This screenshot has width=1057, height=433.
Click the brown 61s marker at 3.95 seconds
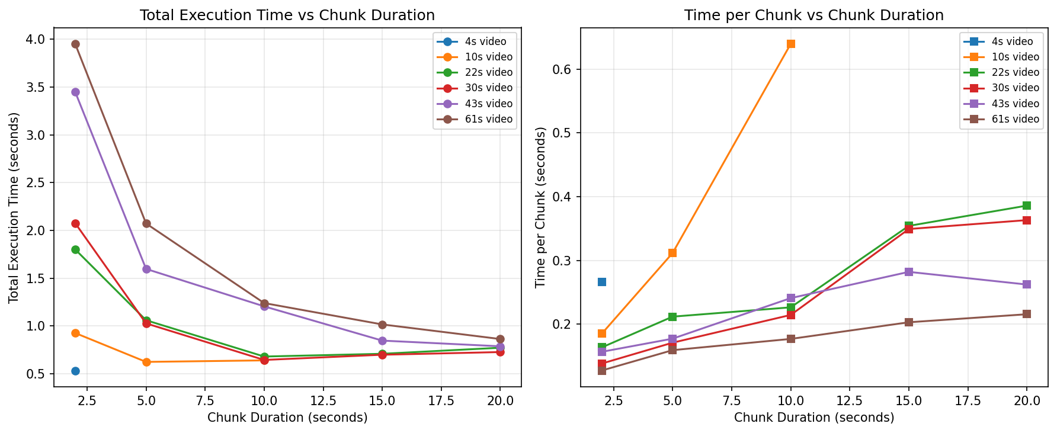click(75, 44)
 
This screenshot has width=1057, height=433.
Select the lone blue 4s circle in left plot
click(75, 371)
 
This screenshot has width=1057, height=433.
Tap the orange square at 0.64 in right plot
click(790, 44)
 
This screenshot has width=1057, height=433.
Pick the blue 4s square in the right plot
click(602, 282)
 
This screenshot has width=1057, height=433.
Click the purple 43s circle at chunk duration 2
click(75, 92)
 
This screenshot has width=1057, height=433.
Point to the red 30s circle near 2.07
click(75, 223)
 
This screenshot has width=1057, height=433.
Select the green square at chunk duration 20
click(1027, 206)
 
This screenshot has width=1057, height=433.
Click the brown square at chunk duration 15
click(908, 322)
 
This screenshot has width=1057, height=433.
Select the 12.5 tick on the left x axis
click(323, 400)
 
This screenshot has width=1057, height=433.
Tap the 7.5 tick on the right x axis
click(732, 400)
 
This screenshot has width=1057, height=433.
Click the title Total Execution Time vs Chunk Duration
click(287, 15)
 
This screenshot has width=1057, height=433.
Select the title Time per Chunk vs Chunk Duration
click(814, 15)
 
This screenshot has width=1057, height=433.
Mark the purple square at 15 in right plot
click(908, 272)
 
